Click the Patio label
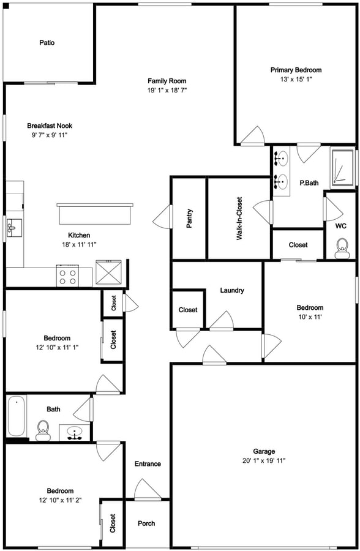coord(47,42)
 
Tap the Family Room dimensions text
coord(167,91)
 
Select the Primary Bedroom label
coord(296,70)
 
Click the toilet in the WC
coord(342,249)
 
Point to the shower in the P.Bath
coord(343,168)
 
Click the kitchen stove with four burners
coord(67,275)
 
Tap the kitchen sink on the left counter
coord(13,228)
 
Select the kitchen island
coord(95,214)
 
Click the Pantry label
coord(189,219)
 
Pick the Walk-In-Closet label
coord(239,219)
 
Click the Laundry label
coord(232,290)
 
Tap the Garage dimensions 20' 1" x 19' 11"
coord(264,460)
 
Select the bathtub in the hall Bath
coord(16,416)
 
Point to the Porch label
coord(146,523)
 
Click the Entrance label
coord(148,464)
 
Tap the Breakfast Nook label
coord(50,126)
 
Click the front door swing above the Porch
coord(148,489)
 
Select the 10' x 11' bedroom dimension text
coord(310,317)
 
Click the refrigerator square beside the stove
coord(108,272)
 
